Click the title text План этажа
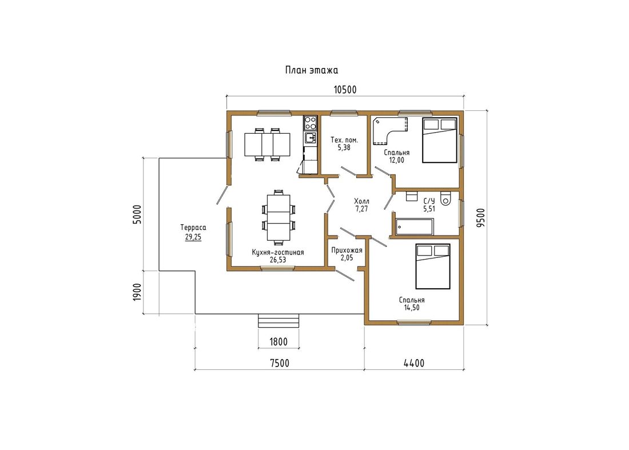tap(311, 70)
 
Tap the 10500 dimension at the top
tap(345, 90)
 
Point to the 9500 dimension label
tap(480, 217)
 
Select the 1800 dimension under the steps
tap(278, 342)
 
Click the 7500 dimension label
tap(279, 363)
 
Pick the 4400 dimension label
tap(414, 363)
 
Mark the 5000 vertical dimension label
tap(137, 214)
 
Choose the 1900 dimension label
tap(137, 292)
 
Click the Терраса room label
tap(193, 228)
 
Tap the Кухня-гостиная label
tap(277, 252)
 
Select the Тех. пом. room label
tap(344, 140)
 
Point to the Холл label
tap(361, 201)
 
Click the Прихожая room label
tap(347, 250)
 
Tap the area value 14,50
tap(412, 308)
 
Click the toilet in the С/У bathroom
tap(446, 198)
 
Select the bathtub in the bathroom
tap(415, 226)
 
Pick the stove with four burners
tap(310, 123)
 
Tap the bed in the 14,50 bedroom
tap(433, 266)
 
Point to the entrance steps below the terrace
tap(278, 321)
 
